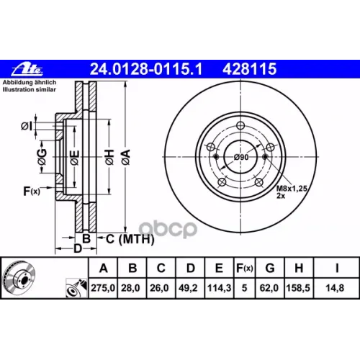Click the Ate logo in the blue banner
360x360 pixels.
coord(27,70)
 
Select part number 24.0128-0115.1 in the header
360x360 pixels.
coord(146,69)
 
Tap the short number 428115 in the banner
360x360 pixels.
coord(249,69)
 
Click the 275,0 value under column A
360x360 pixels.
coord(103,288)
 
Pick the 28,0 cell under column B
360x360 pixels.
coord(130,288)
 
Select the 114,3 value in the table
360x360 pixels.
coord(219,288)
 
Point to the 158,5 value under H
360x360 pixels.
coord(298,288)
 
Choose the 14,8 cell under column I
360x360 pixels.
coord(335,288)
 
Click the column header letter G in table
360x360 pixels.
coord(270,268)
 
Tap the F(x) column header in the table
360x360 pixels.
coord(244,268)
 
